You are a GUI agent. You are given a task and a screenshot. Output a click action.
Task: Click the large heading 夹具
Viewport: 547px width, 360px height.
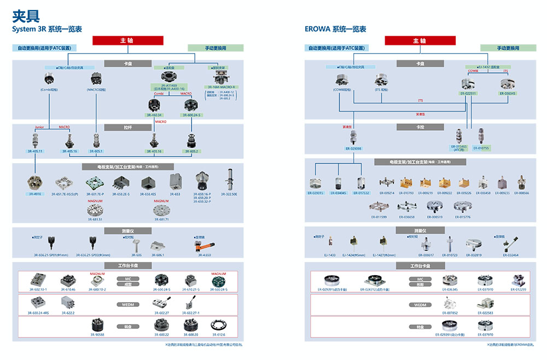(25, 15)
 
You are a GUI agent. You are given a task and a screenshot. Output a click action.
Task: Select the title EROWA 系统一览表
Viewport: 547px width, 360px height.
(335, 29)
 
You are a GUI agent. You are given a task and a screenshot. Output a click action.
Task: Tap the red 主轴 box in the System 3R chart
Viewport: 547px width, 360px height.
(127, 40)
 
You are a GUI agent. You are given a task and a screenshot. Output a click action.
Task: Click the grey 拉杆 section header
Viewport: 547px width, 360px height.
(128, 127)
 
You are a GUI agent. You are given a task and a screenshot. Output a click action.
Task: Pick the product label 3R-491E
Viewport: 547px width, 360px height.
(34, 194)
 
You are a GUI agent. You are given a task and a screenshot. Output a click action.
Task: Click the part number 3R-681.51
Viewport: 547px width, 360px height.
(95, 219)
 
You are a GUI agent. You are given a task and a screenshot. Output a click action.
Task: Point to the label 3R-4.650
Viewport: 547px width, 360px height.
(204, 255)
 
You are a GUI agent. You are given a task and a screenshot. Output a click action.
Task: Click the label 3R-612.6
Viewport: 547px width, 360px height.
(218, 335)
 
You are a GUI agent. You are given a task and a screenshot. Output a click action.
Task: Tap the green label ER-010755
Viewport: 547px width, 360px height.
(481, 148)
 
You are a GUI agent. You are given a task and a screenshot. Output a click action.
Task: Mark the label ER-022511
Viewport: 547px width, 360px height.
(468, 93)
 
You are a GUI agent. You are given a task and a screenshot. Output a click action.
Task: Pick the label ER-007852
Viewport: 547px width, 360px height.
(450, 313)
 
